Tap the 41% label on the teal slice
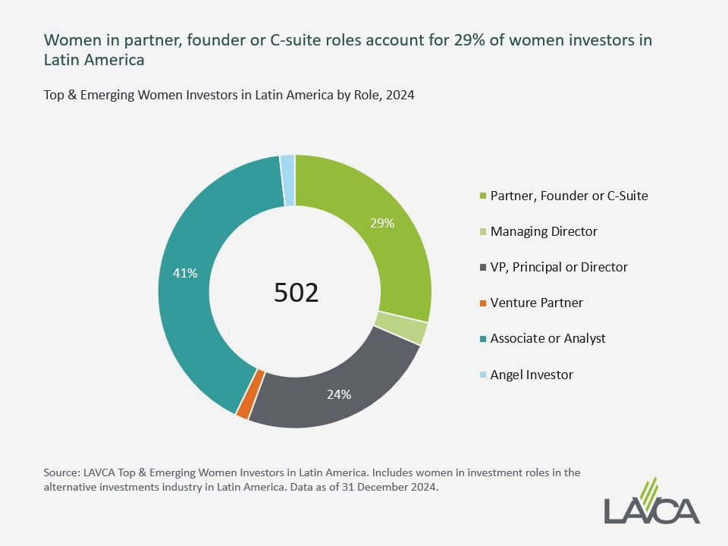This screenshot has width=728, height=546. tap(185, 273)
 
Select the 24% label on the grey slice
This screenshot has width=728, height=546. tap(338, 394)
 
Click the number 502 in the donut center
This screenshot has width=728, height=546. tap(296, 293)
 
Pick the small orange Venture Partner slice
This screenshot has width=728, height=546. tap(243, 405)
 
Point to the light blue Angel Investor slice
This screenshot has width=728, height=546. tap(287, 180)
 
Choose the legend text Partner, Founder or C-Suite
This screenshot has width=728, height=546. tap(569, 196)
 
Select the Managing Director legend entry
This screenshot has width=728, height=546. tap(544, 231)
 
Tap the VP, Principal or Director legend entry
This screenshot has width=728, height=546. tap(559, 267)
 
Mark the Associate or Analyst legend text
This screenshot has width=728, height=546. tap(548, 338)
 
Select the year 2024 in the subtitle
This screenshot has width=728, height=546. tap(399, 96)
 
